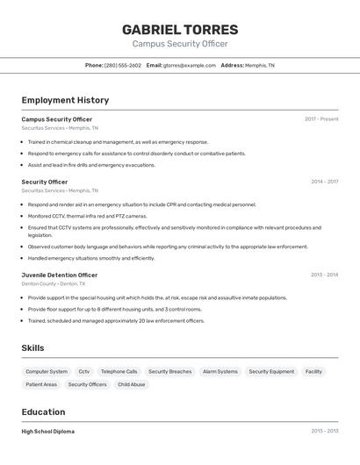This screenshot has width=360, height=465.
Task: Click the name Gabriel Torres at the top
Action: point(180,30)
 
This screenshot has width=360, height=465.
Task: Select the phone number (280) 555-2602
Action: point(122,65)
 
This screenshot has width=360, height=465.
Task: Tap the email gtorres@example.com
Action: point(188,65)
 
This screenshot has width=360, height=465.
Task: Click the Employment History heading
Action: point(65,100)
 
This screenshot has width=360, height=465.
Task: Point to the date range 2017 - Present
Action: point(321,119)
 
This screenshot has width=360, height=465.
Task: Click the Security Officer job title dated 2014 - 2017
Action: point(45,182)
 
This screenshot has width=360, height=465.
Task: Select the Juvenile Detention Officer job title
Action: point(60,275)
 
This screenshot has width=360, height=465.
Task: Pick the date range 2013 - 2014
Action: point(324,275)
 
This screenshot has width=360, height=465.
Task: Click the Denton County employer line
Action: point(54,284)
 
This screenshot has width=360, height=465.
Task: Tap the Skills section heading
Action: point(32,348)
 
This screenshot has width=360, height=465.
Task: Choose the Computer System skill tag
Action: point(47,372)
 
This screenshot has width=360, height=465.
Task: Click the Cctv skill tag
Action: point(84,372)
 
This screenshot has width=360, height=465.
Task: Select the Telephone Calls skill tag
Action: point(119,372)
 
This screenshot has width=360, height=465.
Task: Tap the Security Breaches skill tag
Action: point(169,372)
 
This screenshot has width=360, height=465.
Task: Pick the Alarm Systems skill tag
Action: point(220,372)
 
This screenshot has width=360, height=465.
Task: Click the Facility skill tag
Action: point(313,372)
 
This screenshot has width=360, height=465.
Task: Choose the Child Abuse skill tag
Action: point(131,384)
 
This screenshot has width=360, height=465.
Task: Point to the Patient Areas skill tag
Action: point(41,384)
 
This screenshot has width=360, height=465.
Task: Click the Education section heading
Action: point(43,411)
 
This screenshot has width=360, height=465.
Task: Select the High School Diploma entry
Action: point(48,432)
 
